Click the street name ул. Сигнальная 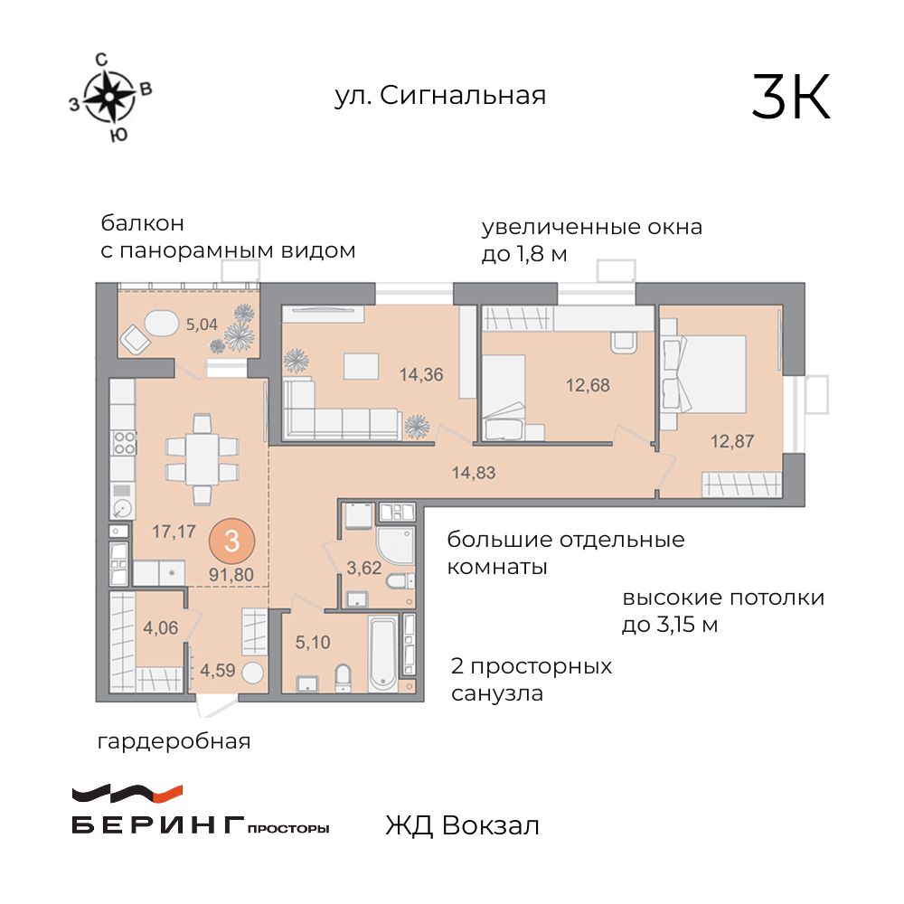point(440,96)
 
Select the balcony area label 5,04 point(202,323)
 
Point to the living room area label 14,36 point(421,373)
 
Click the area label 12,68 point(588,385)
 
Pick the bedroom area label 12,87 point(732,441)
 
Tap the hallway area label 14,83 point(474,471)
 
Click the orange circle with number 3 point(232,542)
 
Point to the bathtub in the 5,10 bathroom point(381,650)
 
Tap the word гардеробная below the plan point(174,743)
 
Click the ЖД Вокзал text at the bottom point(462,825)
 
